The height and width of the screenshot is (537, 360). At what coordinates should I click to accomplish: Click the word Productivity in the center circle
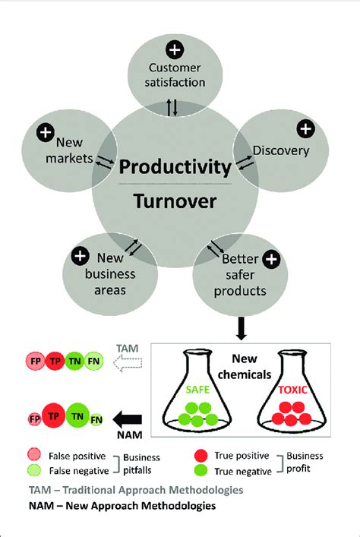175,168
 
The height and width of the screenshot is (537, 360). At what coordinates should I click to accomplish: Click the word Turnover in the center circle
175,201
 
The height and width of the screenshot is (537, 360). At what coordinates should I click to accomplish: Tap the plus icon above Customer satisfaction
175,49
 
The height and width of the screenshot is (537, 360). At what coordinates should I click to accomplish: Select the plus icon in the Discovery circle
305,129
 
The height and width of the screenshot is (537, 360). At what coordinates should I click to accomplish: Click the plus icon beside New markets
46,132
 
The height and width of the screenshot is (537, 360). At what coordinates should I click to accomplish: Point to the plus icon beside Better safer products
271,259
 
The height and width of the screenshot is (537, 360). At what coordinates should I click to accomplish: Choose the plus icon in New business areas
81,256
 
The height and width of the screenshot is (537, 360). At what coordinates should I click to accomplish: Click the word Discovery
281,150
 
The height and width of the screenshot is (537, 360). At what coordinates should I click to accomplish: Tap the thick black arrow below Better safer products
242,328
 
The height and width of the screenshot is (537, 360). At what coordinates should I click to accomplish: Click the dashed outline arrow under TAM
128,363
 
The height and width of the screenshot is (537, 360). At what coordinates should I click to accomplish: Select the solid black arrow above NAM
128,419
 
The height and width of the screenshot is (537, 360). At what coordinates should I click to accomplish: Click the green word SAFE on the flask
197,390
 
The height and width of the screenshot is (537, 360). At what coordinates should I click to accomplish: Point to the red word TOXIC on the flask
293,390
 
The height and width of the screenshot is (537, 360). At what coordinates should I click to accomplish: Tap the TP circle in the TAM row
55,361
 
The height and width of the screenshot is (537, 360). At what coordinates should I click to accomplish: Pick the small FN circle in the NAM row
96,419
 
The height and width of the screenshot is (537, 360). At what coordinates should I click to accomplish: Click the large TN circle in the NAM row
77,416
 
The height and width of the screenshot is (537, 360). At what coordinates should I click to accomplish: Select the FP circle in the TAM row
35,361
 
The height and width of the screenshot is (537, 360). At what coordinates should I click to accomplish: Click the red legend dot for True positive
201,456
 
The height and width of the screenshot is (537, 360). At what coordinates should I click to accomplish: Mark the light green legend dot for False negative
34,471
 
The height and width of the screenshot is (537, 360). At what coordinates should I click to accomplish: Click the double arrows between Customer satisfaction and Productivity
172,108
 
